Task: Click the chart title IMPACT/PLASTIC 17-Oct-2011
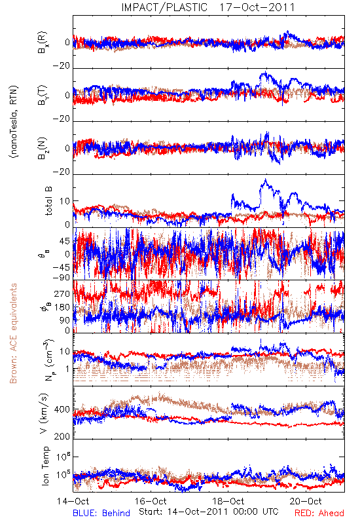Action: (x=207, y=7)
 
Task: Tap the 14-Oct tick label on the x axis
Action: (x=73, y=501)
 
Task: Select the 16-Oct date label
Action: (x=151, y=501)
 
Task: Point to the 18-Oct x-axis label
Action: (x=228, y=501)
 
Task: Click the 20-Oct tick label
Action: (x=306, y=501)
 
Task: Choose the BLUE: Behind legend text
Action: (x=101, y=513)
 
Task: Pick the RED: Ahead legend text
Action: (x=319, y=513)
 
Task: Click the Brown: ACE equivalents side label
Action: (x=13, y=333)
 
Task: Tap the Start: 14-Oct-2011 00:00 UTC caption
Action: (x=209, y=512)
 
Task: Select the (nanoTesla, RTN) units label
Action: (x=14, y=122)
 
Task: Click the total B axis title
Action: (x=48, y=200)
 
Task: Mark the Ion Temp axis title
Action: (x=45, y=466)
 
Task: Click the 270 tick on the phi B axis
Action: (x=62, y=293)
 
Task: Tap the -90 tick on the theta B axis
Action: (x=62, y=277)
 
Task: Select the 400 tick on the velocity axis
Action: (x=62, y=410)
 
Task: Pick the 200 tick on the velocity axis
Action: (x=62, y=436)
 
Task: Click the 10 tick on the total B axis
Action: (x=65, y=201)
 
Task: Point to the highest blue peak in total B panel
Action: (x=266, y=179)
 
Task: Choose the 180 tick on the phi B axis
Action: (x=62, y=307)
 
